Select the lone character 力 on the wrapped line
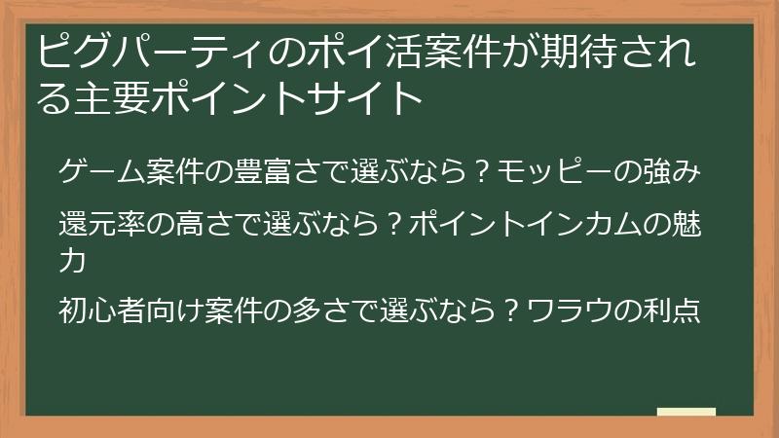coord(72,261)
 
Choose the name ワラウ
coord(565,312)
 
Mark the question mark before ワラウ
coord(509,312)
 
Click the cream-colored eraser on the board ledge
coord(686,412)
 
